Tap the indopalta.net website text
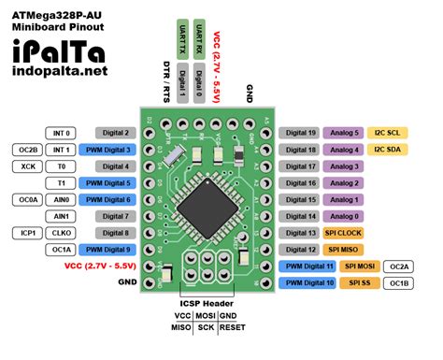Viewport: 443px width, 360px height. click(x=54, y=70)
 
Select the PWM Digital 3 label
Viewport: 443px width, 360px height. click(x=109, y=150)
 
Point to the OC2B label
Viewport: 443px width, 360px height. click(x=26, y=150)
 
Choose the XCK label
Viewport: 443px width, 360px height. click(x=26, y=166)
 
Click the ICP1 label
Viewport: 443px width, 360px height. click(x=26, y=233)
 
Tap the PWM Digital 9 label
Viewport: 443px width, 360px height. click(x=109, y=250)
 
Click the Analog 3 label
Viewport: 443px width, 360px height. click(x=345, y=166)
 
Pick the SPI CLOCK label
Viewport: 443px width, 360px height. click(x=347, y=233)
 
